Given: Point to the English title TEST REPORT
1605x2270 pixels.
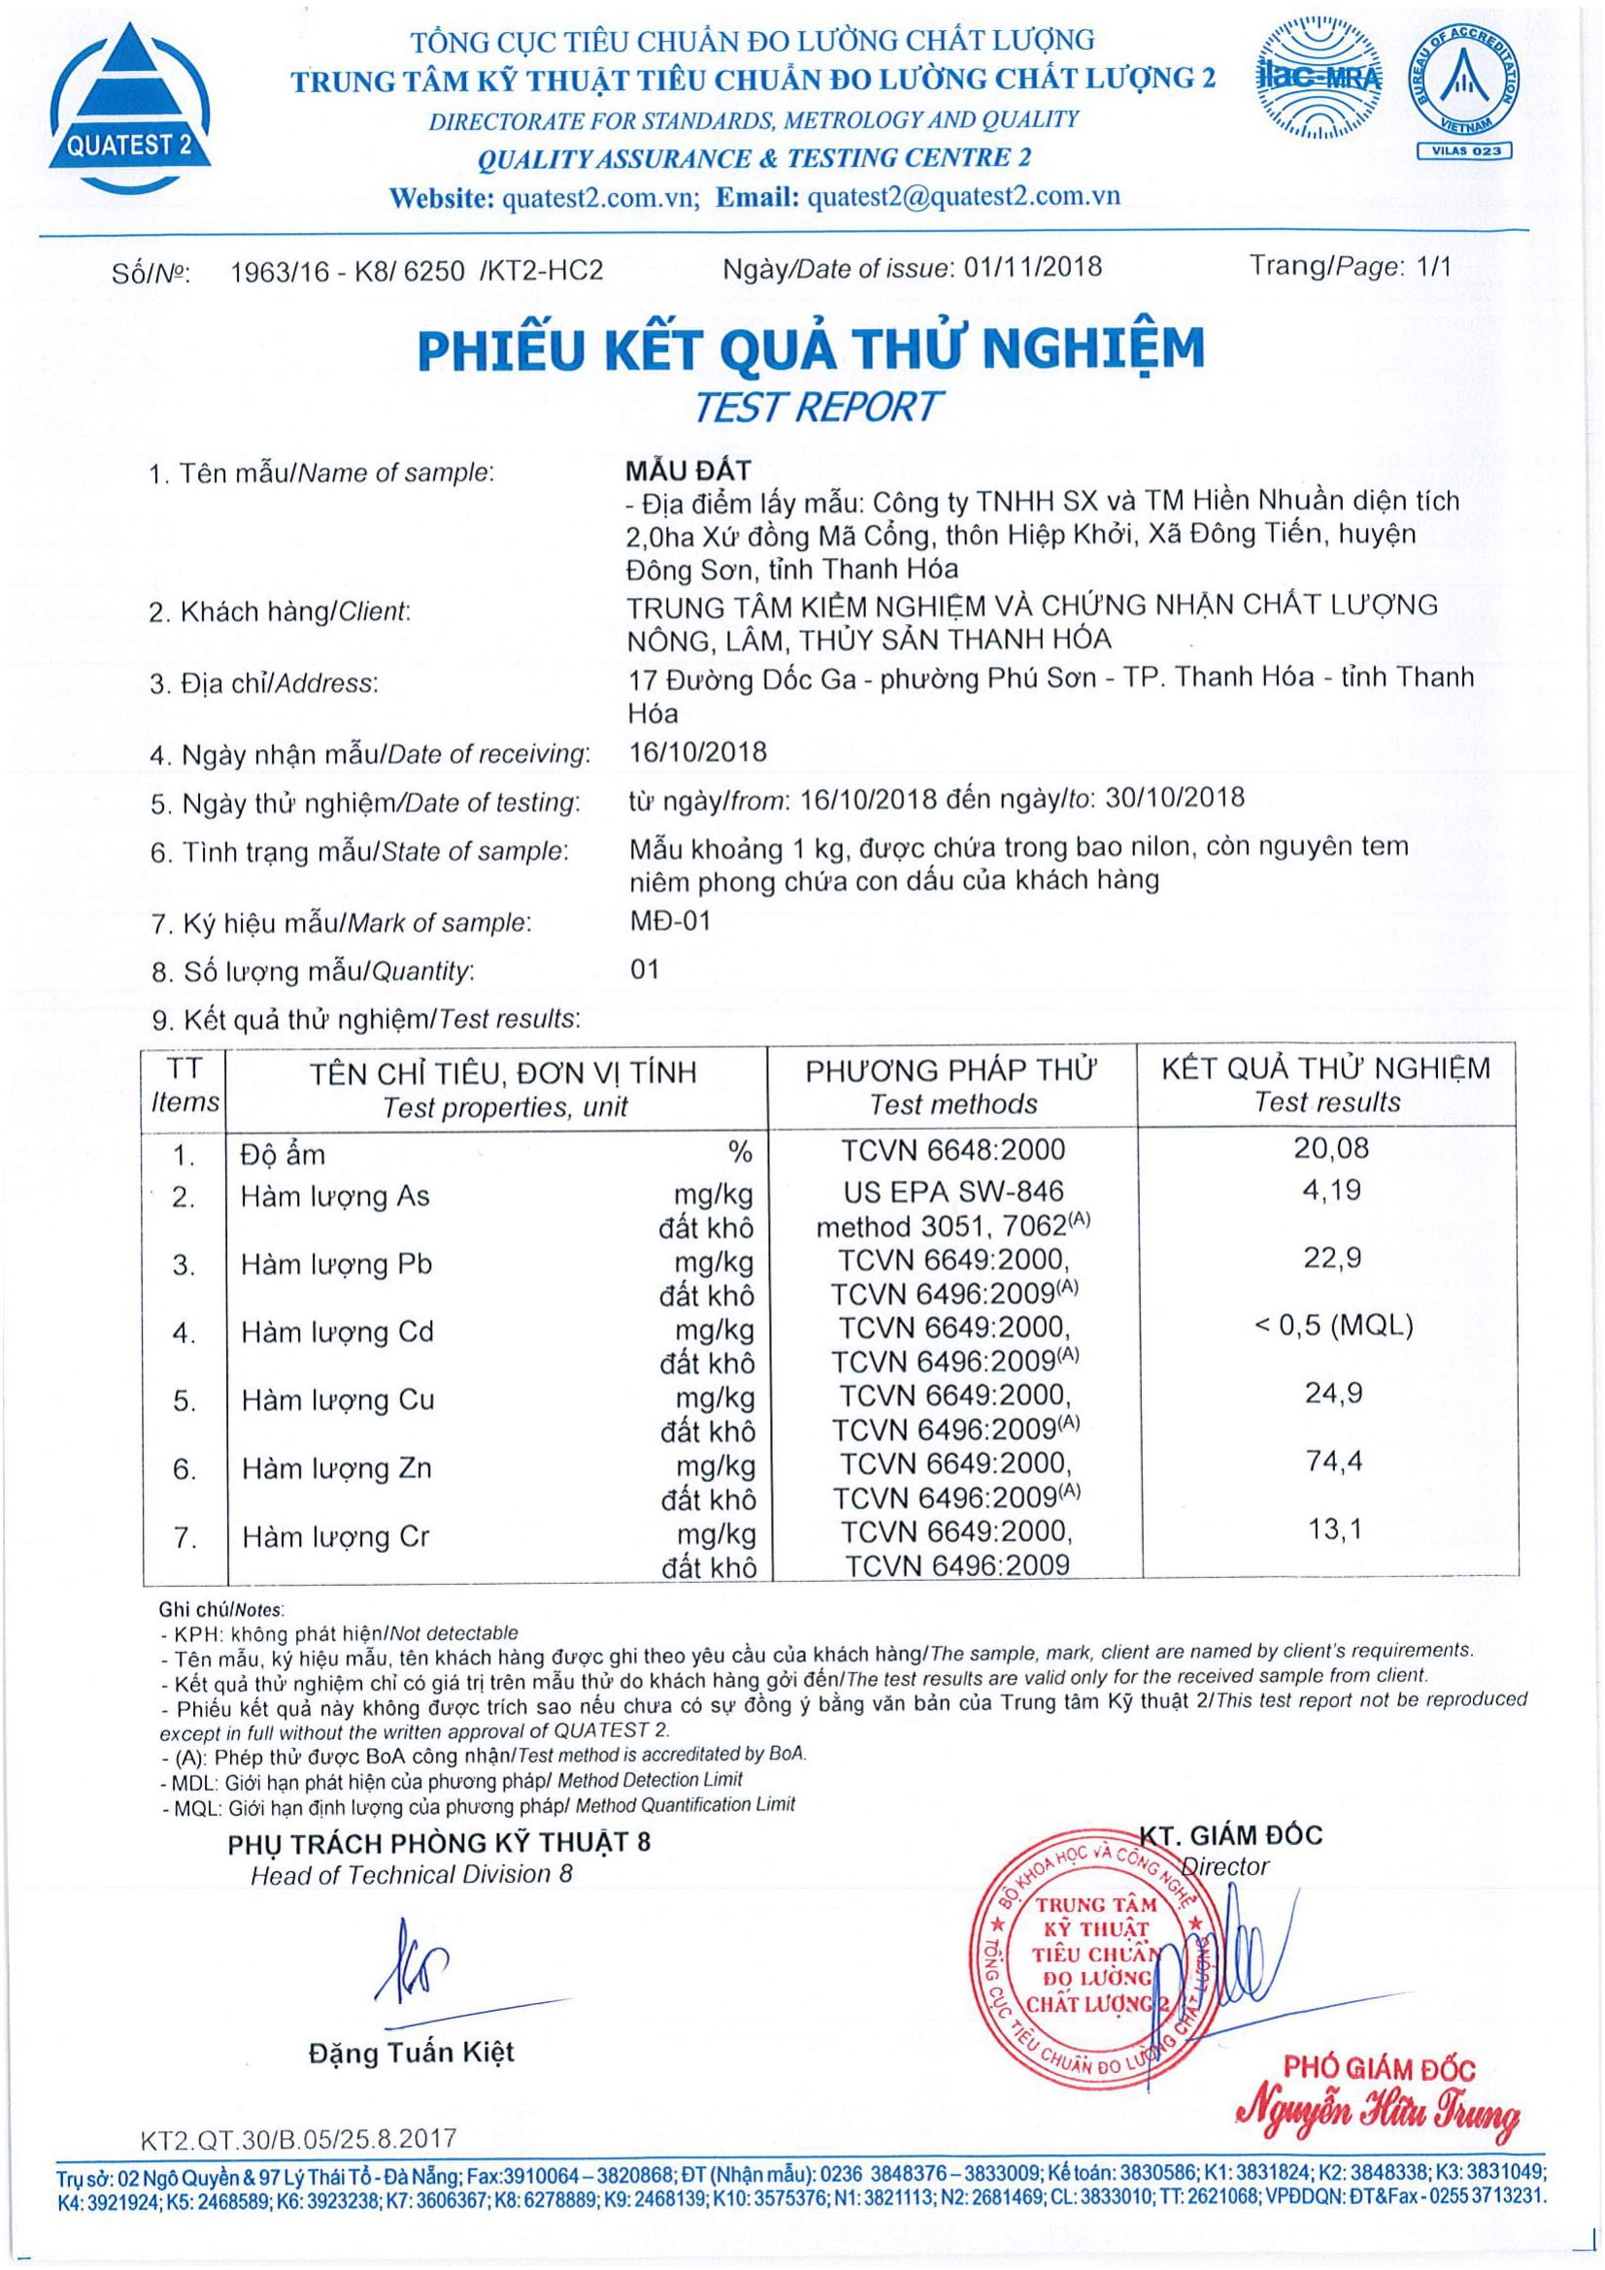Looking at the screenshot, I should pos(816,408).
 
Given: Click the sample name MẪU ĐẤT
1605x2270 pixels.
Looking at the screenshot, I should pos(689,471).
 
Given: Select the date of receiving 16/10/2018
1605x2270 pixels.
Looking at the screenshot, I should pos(697,752).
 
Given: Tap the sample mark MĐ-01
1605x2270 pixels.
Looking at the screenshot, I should pos(670,921).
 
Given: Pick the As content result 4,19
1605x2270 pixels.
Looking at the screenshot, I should pos(1332,1191).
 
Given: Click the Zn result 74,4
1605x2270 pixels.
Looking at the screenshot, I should pos(1333,1462).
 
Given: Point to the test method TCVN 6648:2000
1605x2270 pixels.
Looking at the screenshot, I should pos(953,1150).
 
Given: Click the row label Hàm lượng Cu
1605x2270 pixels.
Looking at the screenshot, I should pos(337,1400).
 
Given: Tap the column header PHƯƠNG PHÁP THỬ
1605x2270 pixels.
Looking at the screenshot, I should pos(952,1070).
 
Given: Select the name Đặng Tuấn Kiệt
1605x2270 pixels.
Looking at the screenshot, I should pos(412,2053).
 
